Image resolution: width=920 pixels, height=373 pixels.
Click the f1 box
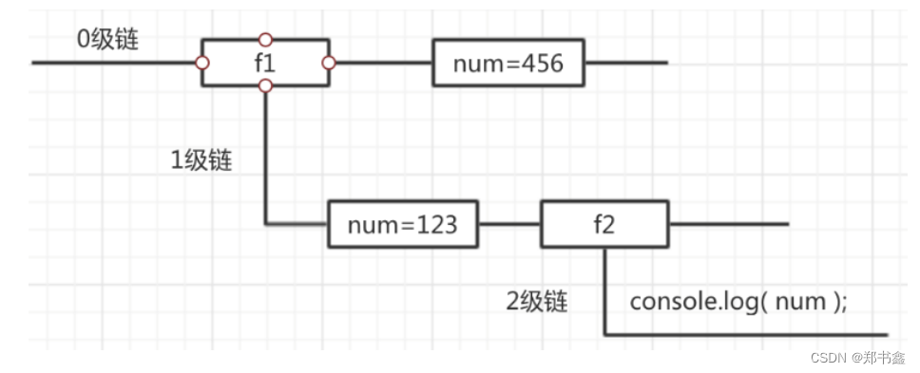point(265,64)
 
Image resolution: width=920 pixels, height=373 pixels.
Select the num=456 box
point(508,64)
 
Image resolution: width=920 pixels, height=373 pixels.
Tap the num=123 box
point(402,225)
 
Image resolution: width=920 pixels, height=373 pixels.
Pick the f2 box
point(605,225)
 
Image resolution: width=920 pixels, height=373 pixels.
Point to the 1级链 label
point(201,159)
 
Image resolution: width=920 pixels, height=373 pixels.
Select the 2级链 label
point(537,302)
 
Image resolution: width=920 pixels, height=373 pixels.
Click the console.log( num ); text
point(738,302)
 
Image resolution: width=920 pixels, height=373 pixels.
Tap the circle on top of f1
point(265,40)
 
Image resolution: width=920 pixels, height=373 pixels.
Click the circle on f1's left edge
point(201,64)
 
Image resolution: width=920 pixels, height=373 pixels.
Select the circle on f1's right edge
point(329,64)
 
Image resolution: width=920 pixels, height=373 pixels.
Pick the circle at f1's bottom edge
point(265,86)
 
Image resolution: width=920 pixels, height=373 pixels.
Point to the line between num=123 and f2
point(509,225)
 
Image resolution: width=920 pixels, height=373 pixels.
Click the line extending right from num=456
point(625,64)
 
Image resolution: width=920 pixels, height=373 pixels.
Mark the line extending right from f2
point(729,225)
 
